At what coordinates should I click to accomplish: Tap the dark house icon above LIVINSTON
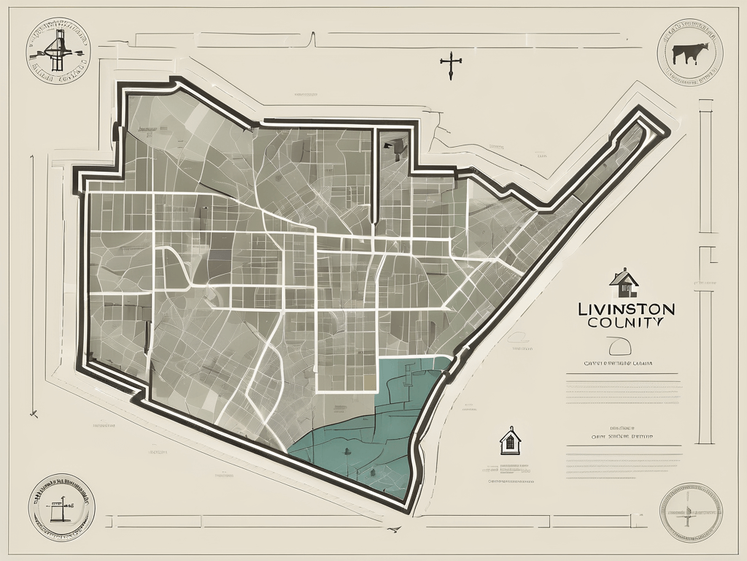tap(623, 279)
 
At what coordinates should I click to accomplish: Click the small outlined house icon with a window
tap(510, 441)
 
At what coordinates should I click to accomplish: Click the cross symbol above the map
tap(450, 66)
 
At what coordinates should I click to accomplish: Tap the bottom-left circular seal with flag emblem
tap(61, 506)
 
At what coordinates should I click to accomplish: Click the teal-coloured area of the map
tap(379, 431)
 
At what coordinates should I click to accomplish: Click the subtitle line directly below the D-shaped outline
tap(617, 362)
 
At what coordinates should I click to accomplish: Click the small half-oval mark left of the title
tap(519, 337)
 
